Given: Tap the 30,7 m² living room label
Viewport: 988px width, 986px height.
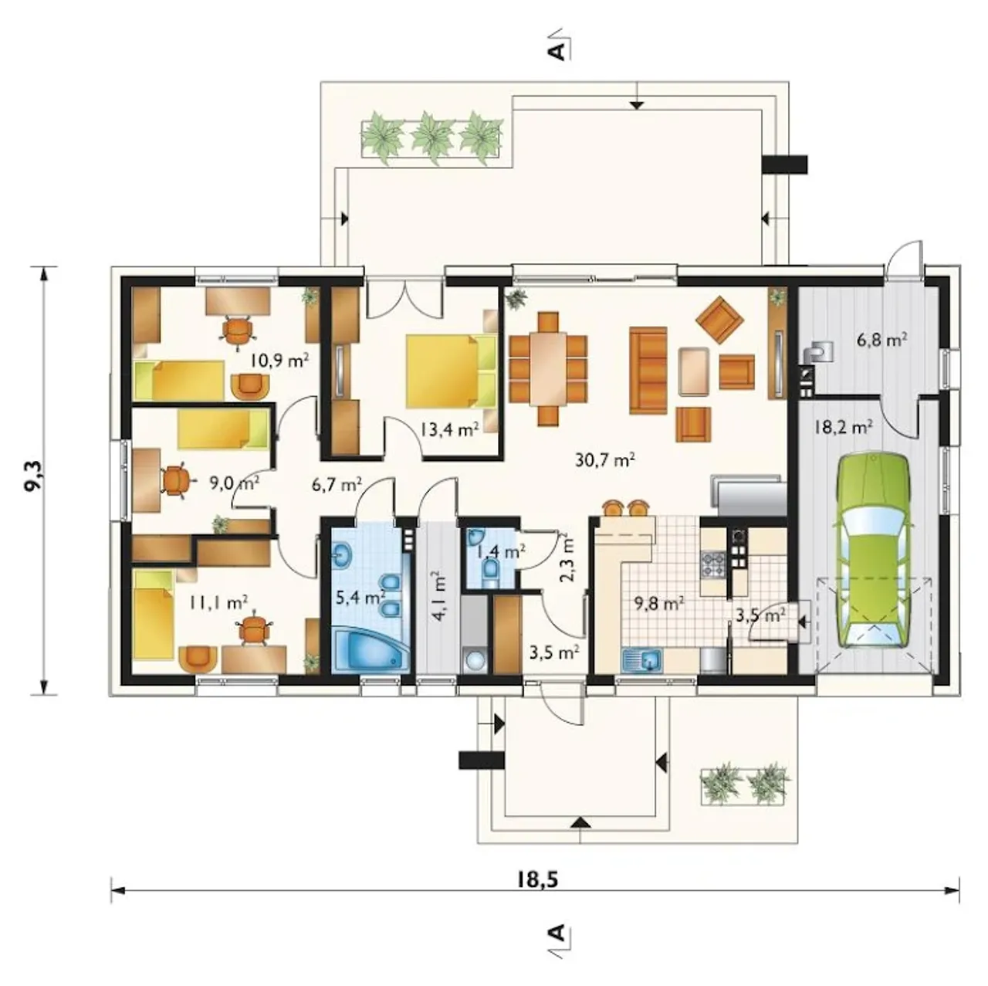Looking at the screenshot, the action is click(x=605, y=459).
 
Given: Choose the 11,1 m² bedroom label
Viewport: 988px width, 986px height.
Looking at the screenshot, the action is click(x=218, y=601).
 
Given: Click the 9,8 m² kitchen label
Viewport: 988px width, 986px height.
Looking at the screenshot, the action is click(x=659, y=604).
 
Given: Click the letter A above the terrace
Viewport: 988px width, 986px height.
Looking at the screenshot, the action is click(x=558, y=51).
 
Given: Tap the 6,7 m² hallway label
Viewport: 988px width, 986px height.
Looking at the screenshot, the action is click(x=337, y=484).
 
